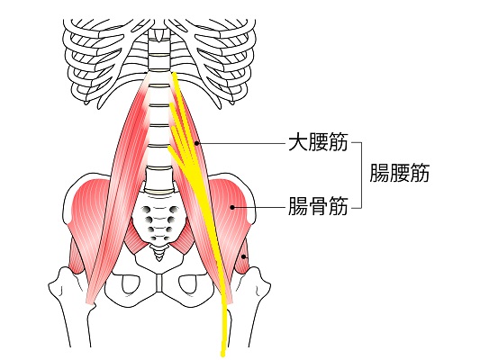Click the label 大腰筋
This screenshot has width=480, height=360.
click(318, 142)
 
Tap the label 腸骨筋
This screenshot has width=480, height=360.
click(318, 206)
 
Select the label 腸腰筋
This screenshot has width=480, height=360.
click(400, 173)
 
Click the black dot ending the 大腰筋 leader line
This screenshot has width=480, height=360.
click(197, 143)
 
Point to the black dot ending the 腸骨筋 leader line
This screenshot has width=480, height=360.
click(232, 207)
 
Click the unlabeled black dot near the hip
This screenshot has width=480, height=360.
click(244, 256)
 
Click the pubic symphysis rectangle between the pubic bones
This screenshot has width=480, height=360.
click(158, 283)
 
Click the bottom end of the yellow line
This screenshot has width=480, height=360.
click(222, 355)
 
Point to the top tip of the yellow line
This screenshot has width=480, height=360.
click(174, 73)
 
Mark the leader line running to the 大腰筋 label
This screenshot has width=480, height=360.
click(242, 143)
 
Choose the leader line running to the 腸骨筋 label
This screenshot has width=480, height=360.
click(259, 207)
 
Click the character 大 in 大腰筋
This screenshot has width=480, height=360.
click(298, 142)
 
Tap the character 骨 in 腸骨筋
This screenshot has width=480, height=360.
click(318, 206)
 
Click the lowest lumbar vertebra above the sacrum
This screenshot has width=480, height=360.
click(158, 180)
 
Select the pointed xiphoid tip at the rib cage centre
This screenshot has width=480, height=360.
click(158, 39)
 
